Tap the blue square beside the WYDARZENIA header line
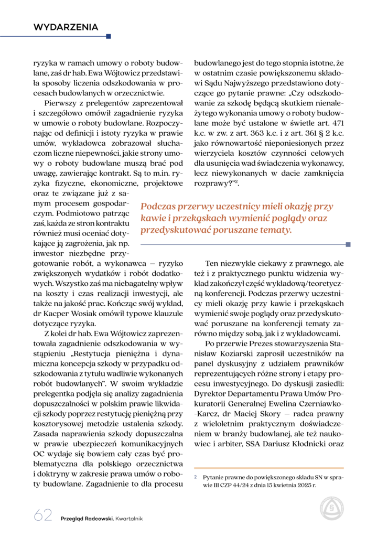(109, 37)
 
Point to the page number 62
(43, 516)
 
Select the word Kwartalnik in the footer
(129, 518)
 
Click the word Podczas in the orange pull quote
(157, 207)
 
